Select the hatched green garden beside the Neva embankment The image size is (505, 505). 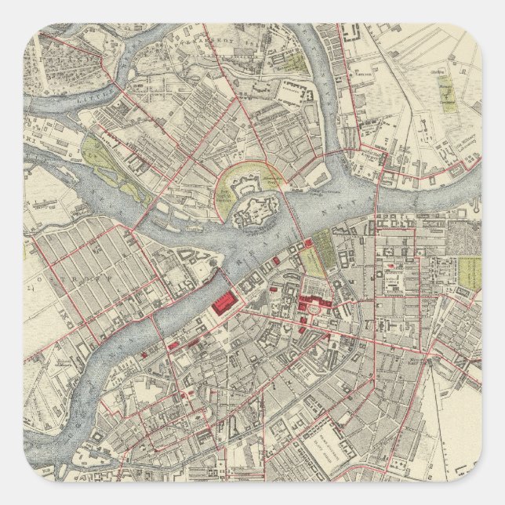coord(314,262)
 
